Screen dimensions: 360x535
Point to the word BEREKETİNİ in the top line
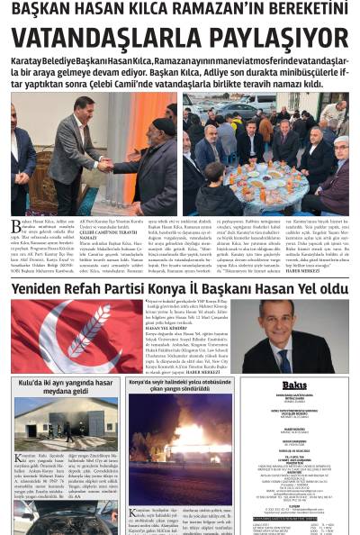[297, 9]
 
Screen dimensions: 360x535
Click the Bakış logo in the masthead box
[293, 385]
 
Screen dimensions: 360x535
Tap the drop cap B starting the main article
[15, 224]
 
